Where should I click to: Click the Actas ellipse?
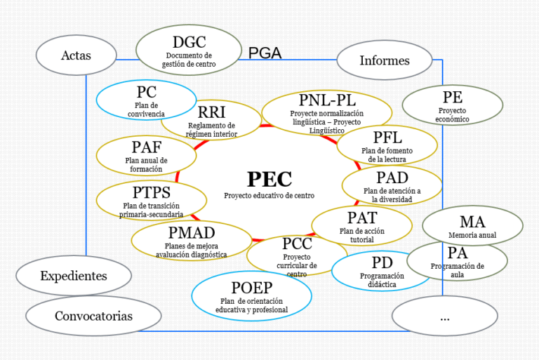click(76, 55)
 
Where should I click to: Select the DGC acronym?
click(189, 42)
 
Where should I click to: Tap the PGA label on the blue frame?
click(265, 53)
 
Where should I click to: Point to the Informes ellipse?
click(385, 60)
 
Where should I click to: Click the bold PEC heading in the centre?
click(269, 179)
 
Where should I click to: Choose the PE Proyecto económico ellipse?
click(453, 105)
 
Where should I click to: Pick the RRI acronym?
click(212, 112)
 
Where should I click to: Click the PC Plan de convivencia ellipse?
click(147, 100)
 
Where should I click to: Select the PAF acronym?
click(147, 147)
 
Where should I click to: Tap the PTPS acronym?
click(152, 192)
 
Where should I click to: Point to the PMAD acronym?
click(192, 233)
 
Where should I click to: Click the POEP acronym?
click(252, 288)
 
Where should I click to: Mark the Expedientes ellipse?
click(74, 275)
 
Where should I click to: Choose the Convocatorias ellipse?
click(93, 316)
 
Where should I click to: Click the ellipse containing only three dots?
click(445, 316)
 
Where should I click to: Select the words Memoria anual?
click(472, 235)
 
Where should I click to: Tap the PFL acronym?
click(387, 138)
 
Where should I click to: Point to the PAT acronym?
click(362, 218)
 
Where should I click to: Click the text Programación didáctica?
click(382, 280)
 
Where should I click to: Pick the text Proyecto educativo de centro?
click(269, 196)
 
